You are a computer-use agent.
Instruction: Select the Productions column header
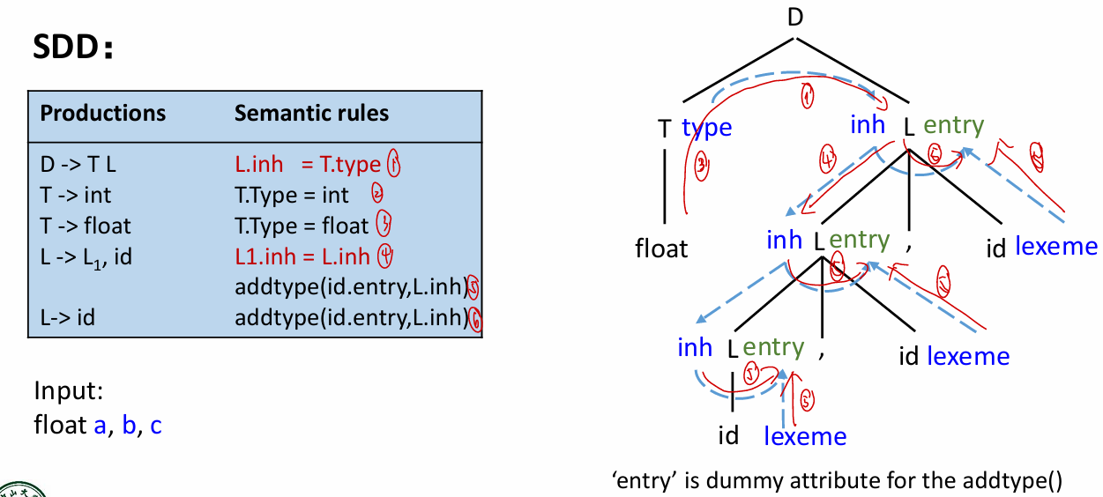(103, 113)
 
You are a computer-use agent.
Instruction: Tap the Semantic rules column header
(311, 113)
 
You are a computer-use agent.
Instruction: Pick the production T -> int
(76, 195)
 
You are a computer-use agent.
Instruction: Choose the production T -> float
(86, 226)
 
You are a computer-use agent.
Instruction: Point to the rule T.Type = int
(292, 195)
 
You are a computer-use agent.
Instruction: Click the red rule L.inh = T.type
(308, 164)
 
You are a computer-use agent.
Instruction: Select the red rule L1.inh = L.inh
(302, 256)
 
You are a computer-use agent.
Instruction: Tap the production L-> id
(68, 317)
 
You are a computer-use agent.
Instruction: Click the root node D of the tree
(795, 17)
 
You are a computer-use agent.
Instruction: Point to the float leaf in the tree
(661, 248)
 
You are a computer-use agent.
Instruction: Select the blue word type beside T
(707, 128)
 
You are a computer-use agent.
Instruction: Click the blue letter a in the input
(100, 426)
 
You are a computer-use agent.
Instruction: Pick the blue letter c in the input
(156, 426)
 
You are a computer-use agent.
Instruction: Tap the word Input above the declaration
(62, 390)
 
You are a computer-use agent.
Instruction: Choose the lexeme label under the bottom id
(804, 435)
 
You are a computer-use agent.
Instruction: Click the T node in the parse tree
(664, 129)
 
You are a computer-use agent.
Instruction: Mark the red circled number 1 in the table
(393, 164)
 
